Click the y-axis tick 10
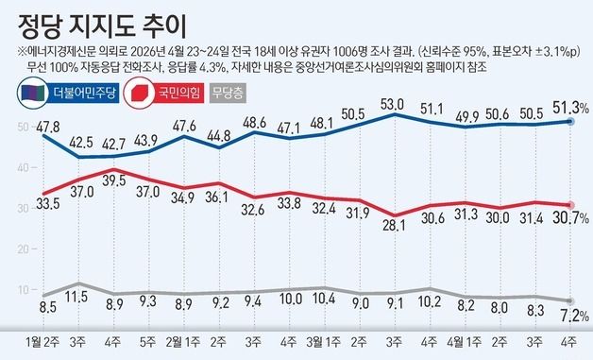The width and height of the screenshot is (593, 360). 21,289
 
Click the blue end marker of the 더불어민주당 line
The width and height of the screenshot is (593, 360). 569,121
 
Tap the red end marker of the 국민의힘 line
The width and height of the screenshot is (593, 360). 569,205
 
